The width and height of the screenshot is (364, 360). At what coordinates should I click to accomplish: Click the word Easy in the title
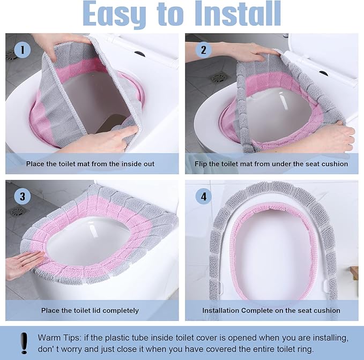[x=121, y=14]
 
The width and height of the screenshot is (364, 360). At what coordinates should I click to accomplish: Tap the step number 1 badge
[x=21, y=51]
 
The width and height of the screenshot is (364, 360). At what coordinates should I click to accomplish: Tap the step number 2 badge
[x=203, y=51]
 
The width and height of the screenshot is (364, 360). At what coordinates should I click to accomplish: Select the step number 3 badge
[x=21, y=196]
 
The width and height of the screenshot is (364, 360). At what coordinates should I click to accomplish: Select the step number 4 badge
[x=203, y=196]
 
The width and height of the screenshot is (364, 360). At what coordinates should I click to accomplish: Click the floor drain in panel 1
[x=11, y=55]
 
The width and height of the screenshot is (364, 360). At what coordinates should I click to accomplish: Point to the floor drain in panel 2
[x=219, y=78]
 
